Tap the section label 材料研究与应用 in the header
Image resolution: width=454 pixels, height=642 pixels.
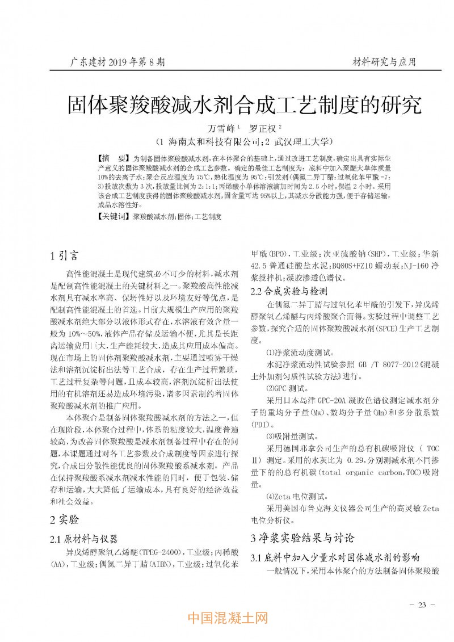[384, 61]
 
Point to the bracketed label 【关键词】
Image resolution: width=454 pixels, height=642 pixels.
[114, 217]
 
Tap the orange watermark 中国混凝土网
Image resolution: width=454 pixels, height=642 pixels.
[227, 618]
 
